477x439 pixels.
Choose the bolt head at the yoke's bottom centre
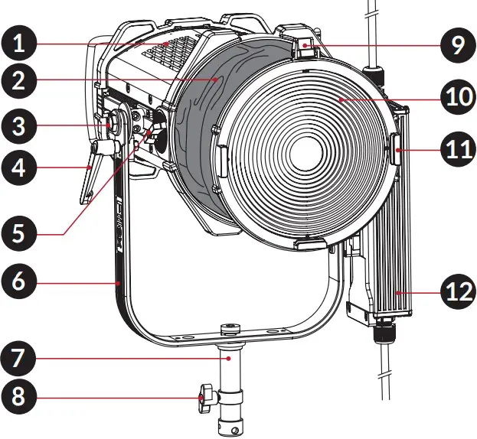227,330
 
